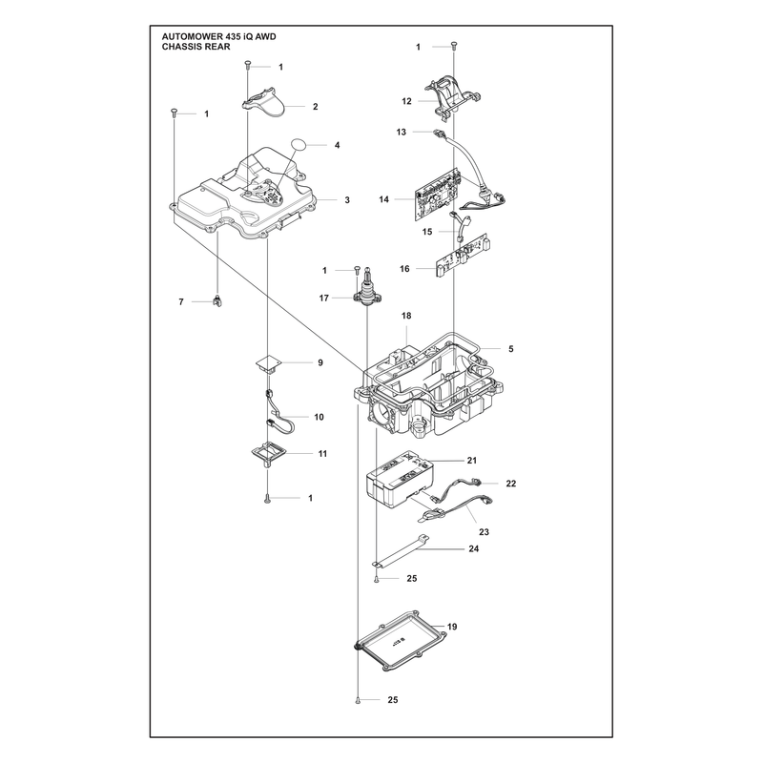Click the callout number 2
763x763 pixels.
(x=316, y=107)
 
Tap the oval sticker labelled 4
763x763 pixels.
(x=299, y=145)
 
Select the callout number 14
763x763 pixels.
(x=384, y=199)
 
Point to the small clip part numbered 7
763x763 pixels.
(x=217, y=301)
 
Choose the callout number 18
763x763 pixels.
(x=406, y=316)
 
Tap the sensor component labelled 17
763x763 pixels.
(x=367, y=290)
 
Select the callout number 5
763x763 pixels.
(x=511, y=349)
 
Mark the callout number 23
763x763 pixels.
(x=484, y=532)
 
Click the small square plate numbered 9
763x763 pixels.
(x=270, y=363)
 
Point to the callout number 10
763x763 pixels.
(x=319, y=417)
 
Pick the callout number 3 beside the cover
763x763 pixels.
(x=347, y=200)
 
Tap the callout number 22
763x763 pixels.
(x=511, y=484)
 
